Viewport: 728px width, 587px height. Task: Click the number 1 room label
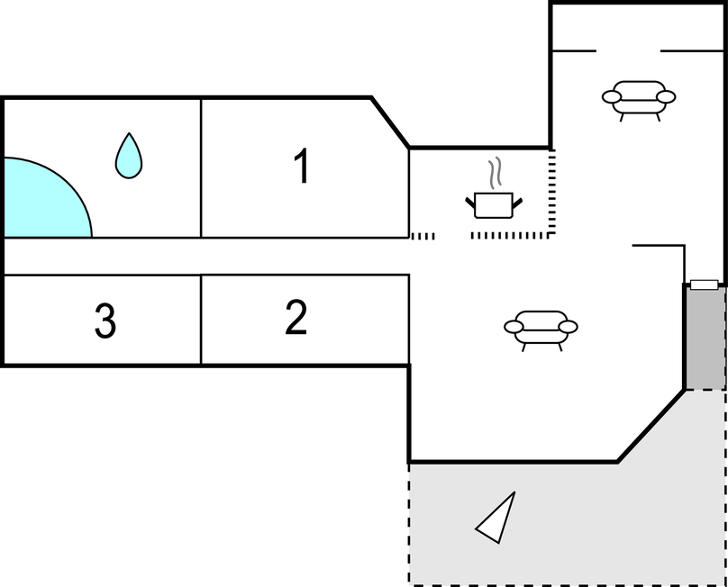302,167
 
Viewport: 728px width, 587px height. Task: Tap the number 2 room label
296,318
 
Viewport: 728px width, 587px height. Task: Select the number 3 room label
105,321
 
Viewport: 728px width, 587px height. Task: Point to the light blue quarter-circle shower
41,202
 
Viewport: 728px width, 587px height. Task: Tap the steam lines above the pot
494,172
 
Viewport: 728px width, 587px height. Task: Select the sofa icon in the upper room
639,97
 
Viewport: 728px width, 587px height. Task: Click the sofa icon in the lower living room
541,328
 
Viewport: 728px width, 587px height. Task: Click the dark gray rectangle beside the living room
705,339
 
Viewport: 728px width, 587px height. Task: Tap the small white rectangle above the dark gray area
704,284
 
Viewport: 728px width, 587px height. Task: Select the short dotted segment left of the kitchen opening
423,236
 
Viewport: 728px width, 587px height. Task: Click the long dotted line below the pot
510,235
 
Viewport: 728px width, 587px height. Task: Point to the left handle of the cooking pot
470,201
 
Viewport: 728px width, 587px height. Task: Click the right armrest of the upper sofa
666,96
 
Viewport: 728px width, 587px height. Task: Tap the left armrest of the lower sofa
514,327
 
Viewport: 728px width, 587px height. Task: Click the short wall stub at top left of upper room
573,50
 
